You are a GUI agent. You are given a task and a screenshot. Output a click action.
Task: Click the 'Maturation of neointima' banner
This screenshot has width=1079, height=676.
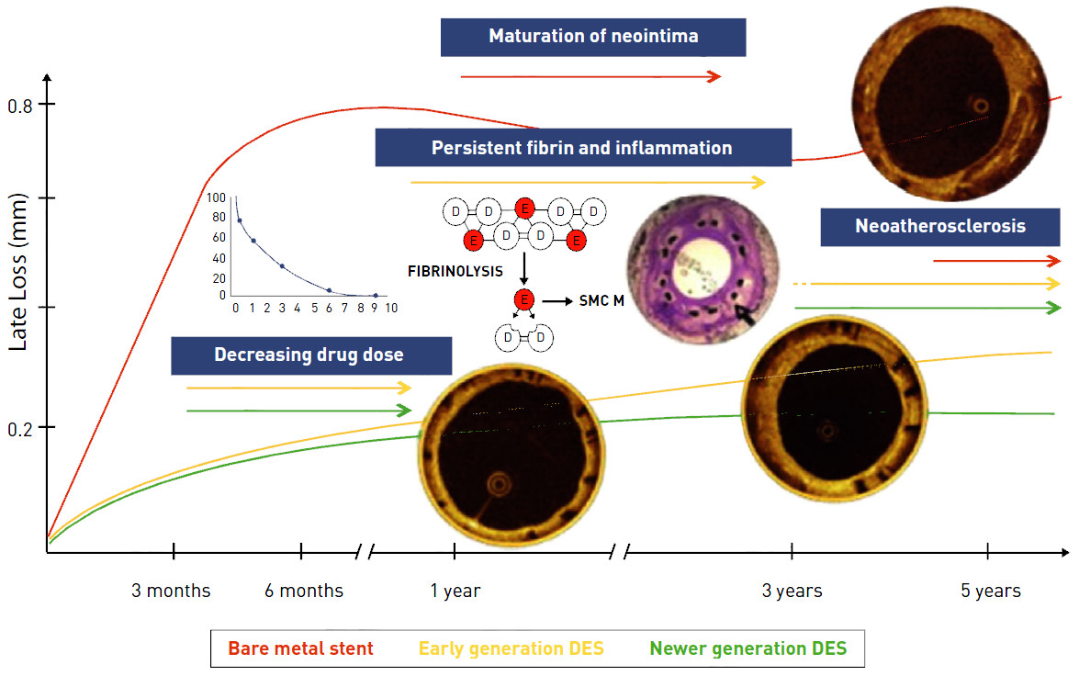(592, 37)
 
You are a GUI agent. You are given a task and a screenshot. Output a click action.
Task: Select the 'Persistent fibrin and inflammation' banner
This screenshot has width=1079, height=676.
(582, 147)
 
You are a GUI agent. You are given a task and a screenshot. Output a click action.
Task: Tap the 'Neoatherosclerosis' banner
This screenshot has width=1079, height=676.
(939, 226)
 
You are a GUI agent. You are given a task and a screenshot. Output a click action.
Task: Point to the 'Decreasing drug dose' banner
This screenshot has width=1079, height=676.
(311, 355)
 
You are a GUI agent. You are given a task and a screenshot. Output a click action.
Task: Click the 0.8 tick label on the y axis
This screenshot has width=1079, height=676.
(19, 106)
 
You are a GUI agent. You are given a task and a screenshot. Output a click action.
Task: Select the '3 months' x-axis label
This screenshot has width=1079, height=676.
(171, 591)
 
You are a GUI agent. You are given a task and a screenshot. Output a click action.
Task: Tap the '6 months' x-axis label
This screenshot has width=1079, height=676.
(304, 591)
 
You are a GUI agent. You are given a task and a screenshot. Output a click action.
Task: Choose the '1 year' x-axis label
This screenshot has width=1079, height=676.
(455, 591)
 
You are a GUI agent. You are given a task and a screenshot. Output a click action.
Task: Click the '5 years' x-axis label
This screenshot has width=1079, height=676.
(991, 591)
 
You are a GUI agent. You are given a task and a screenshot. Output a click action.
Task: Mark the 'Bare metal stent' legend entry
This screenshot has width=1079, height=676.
(300, 648)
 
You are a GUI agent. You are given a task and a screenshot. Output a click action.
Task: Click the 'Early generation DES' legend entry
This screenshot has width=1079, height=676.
(511, 648)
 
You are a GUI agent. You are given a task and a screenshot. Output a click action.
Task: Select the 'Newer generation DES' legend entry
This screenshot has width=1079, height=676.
(747, 648)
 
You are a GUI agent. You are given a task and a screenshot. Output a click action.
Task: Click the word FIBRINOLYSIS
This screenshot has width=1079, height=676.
(455, 272)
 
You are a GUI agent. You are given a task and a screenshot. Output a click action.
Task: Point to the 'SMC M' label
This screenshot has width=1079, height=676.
(601, 300)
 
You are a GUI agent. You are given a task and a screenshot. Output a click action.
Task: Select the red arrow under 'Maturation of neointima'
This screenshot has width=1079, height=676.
(590, 77)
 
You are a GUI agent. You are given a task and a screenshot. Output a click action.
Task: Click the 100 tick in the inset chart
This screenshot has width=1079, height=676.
(216, 197)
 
